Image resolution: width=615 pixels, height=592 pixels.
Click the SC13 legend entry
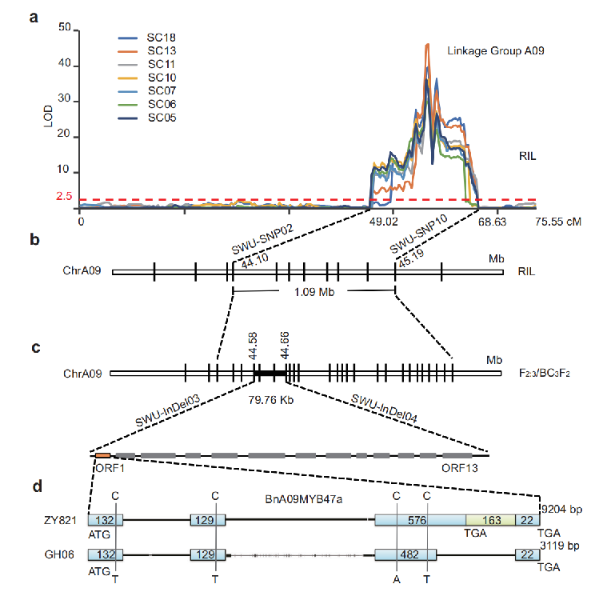160,50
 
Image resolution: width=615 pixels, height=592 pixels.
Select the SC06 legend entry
160,105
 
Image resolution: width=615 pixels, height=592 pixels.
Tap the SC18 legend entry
160,38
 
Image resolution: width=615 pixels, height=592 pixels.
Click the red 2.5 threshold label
65,197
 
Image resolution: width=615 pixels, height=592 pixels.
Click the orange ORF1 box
102,455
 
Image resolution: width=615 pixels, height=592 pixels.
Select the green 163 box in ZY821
490,520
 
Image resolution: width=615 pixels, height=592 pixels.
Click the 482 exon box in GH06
406,554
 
